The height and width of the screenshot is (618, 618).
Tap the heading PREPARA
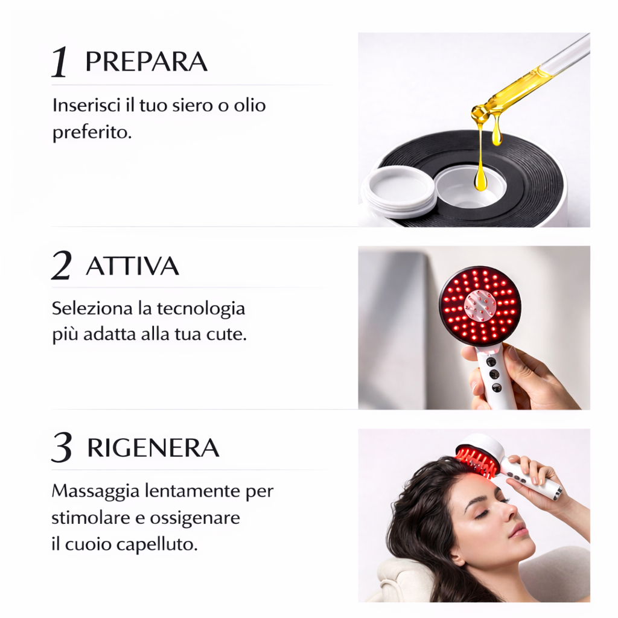[146, 62]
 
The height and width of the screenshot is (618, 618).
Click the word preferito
[92, 132]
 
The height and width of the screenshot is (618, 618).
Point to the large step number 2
[62, 267]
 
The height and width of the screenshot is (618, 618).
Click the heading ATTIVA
[132, 266]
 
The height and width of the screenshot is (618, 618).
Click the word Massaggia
[96, 491]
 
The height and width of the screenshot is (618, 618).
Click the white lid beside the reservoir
[398, 190]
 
